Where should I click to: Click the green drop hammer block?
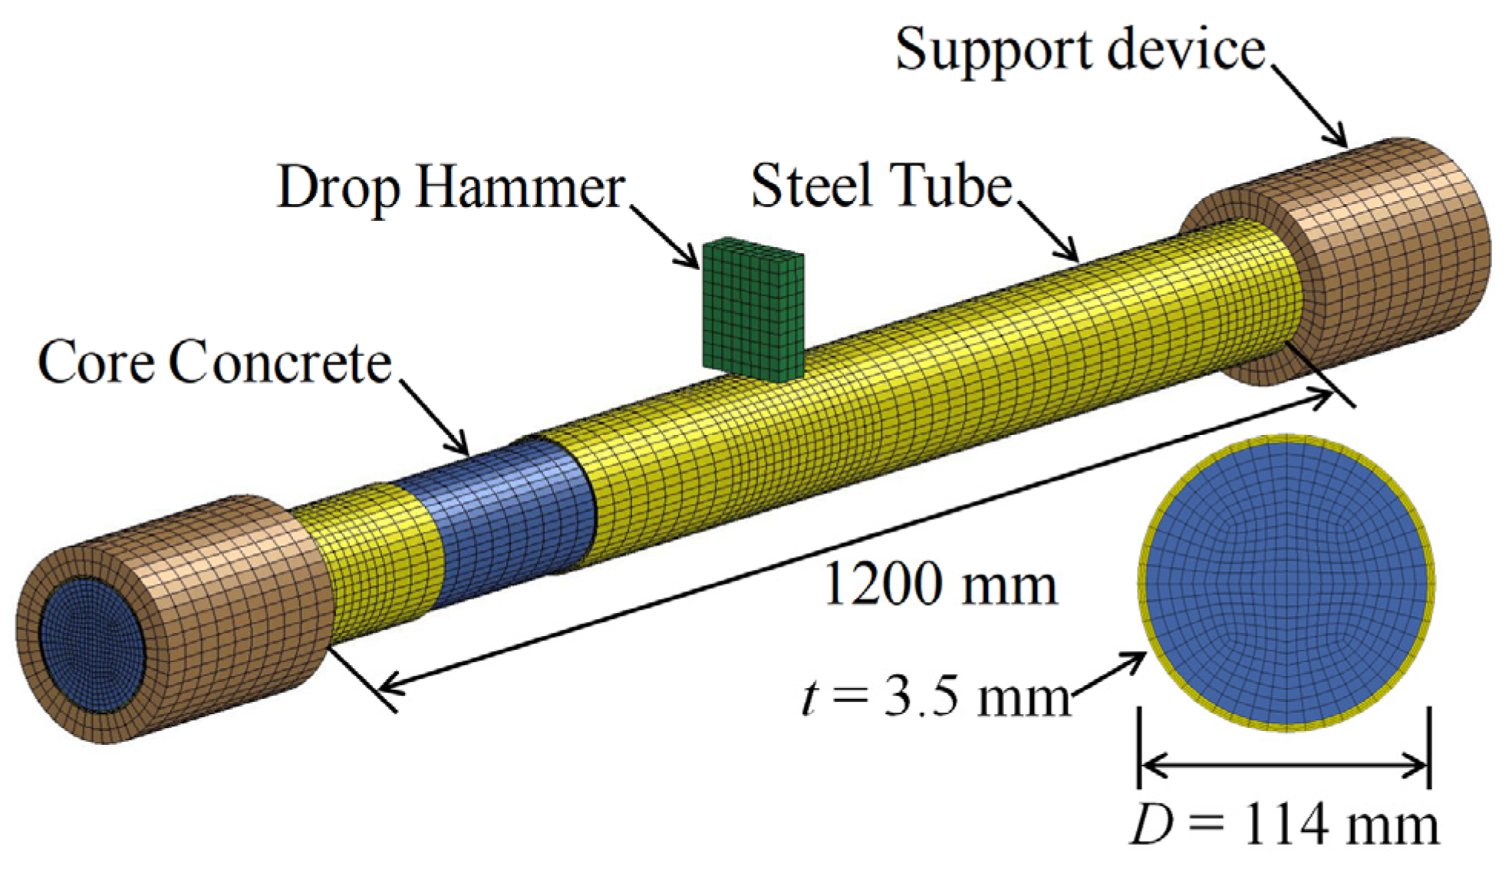pos(753,311)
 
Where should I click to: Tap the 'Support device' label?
pos(1080,51)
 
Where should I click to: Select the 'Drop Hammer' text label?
pos(451,187)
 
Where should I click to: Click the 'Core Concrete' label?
pos(215,362)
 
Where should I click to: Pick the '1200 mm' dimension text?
pos(940,585)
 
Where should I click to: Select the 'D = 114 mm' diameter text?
pos(1285,825)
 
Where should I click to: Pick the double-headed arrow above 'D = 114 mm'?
pos(1283,765)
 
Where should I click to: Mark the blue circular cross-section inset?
pos(1286,583)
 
